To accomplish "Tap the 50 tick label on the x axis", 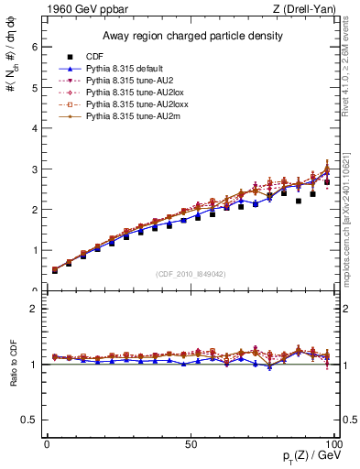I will pyautogui.click(x=191, y=444).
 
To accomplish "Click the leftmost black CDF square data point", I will pyautogui.click(x=55, y=270).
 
